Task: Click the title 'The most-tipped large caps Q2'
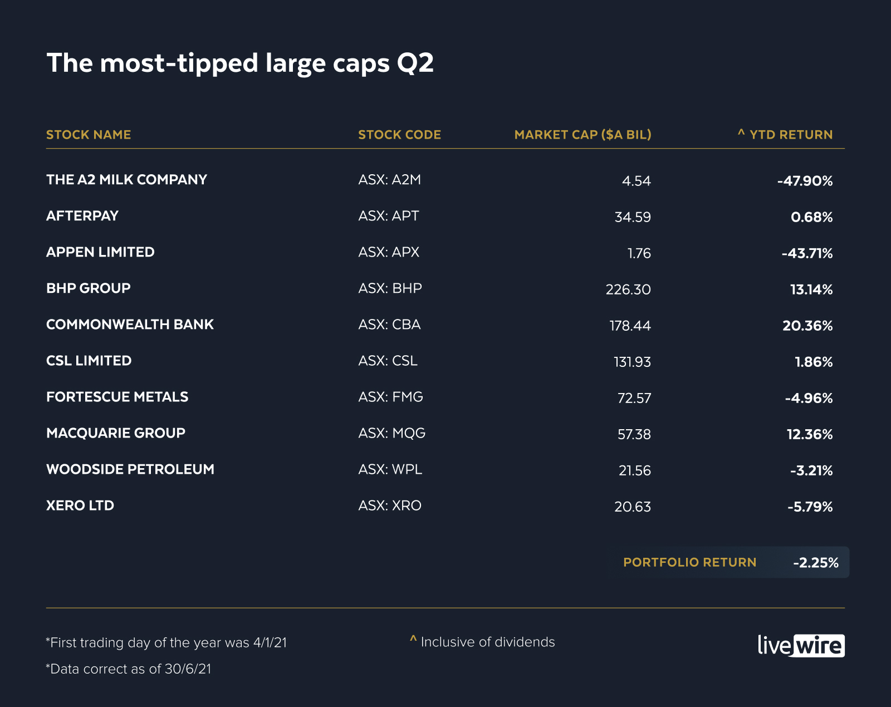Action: (239, 63)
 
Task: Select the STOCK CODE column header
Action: (399, 135)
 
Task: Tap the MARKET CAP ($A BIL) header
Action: (582, 135)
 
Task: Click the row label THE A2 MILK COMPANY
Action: (126, 180)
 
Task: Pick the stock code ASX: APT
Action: (389, 216)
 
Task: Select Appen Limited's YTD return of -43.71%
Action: (807, 253)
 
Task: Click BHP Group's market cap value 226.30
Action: (628, 289)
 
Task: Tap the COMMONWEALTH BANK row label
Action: (130, 325)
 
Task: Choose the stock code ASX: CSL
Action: (388, 361)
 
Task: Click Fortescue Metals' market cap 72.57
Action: (634, 398)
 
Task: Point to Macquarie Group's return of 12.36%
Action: (810, 434)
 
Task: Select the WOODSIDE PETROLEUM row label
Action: (130, 469)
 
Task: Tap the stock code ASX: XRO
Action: (390, 505)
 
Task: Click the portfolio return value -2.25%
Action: (816, 563)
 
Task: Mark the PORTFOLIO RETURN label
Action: (689, 562)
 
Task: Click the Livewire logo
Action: (801, 646)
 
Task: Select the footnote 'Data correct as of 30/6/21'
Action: (129, 669)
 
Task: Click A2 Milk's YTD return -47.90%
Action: (805, 181)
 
